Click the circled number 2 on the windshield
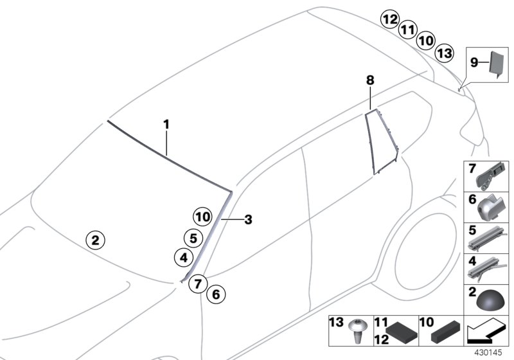[x=94, y=241]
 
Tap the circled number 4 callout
[x=182, y=258]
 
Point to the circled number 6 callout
[x=216, y=295]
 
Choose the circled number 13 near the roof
[x=443, y=52]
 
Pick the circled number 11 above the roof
[x=407, y=30]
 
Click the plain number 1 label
[x=166, y=123]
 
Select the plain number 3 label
[x=248, y=219]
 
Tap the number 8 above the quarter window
[x=369, y=80]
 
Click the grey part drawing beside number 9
[x=497, y=63]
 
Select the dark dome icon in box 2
[x=486, y=300]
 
